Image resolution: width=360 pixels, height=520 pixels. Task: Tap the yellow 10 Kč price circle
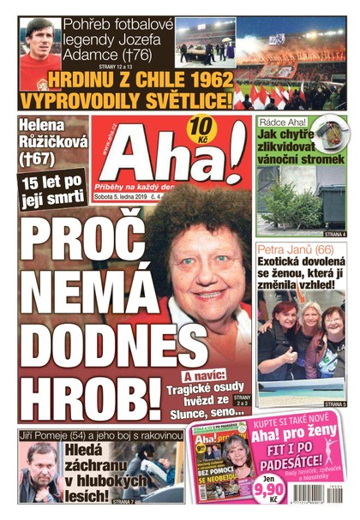[203, 131]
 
